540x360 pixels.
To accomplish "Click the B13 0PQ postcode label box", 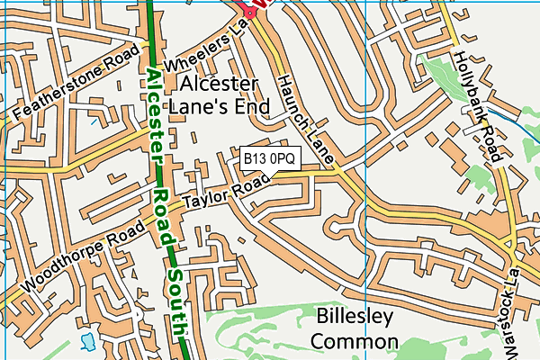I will [x=270, y=157].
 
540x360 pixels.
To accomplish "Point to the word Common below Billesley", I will [x=356, y=341].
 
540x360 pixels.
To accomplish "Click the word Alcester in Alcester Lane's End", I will [x=220, y=84].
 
